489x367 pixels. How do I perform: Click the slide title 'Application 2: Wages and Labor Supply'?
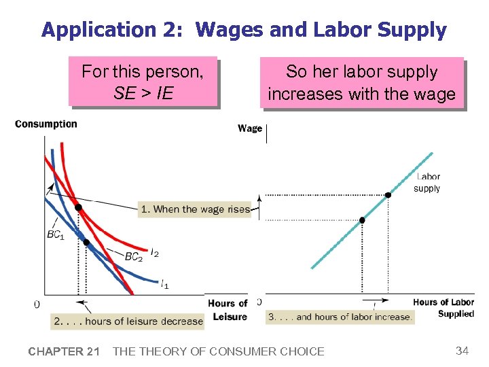tap(244, 30)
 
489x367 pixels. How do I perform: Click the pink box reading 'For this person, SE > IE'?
tap(143, 82)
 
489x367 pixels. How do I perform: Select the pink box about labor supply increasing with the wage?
tap(361, 82)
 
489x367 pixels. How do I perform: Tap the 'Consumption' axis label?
tap(46, 124)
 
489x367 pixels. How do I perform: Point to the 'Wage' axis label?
tap(250, 128)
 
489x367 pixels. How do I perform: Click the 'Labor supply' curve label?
tap(427, 183)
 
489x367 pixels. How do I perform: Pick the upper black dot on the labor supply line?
tap(388, 195)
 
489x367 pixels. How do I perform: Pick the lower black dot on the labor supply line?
tap(362, 220)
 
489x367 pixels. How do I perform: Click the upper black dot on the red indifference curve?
tap(78, 207)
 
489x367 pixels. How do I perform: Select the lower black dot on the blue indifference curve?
tap(86, 242)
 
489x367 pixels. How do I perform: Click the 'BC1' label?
tap(56, 235)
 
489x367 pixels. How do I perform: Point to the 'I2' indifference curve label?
tap(155, 254)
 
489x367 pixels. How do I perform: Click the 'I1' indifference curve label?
tap(165, 284)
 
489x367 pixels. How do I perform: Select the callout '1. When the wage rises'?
tap(195, 209)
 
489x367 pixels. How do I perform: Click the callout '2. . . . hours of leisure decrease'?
tap(128, 321)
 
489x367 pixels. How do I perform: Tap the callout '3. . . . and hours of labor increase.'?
tap(340, 317)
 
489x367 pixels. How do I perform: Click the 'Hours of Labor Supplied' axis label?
tap(443, 308)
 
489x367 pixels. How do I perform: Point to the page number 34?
tap(463, 351)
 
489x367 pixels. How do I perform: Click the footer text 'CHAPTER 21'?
tap(65, 351)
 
